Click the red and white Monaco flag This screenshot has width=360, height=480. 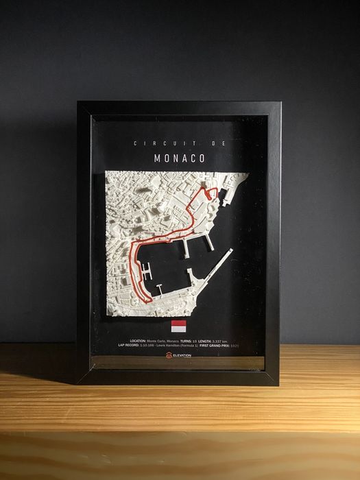(x=178, y=325)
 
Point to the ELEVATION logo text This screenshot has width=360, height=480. (x=183, y=355)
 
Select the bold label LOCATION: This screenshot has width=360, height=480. (x=138, y=341)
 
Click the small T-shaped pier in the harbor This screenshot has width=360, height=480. (x=157, y=287)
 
